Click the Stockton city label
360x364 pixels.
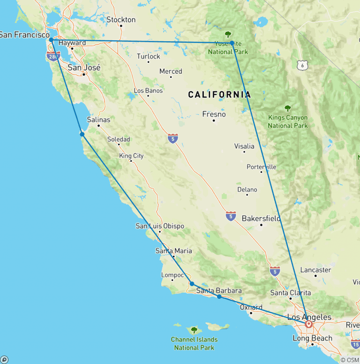click(x=121, y=20)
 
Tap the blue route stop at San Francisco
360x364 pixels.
click(x=51, y=40)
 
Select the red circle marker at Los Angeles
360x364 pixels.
click(x=309, y=324)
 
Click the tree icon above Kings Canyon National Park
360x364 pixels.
click(x=287, y=108)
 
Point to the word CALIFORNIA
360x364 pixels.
click(x=219, y=95)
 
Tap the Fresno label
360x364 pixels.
click(x=214, y=114)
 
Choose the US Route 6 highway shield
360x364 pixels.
click(x=302, y=65)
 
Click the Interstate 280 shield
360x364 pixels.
click(x=53, y=57)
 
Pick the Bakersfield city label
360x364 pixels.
click(x=261, y=219)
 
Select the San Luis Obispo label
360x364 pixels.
click(x=160, y=226)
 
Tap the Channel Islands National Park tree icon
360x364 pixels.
click(x=194, y=330)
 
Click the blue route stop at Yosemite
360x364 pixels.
click(x=232, y=43)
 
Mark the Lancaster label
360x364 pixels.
click(x=315, y=270)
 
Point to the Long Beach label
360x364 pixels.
click(x=312, y=338)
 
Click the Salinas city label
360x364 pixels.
click(x=98, y=120)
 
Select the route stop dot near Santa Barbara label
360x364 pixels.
click(x=219, y=296)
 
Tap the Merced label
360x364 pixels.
click(x=171, y=71)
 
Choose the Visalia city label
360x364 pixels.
click(x=244, y=146)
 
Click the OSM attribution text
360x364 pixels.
click(x=350, y=360)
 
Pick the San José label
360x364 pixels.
click(x=84, y=68)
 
